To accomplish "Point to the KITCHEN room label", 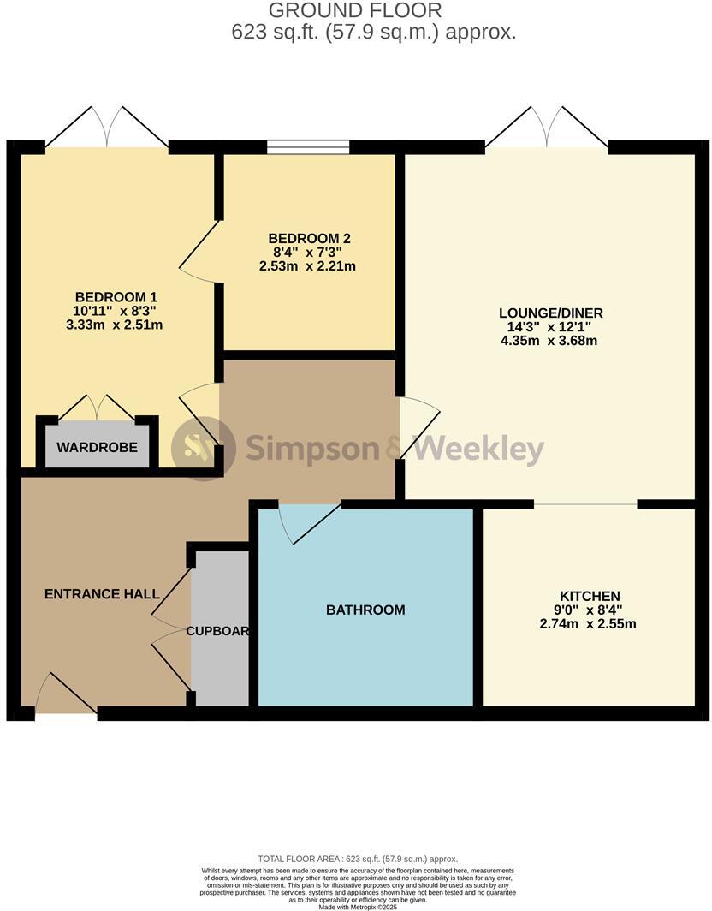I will (x=590, y=596).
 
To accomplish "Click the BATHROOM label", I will (x=365, y=610).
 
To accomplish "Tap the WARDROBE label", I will (x=97, y=447).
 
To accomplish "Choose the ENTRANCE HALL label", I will (x=102, y=593).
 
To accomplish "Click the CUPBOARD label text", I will (x=219, y=631).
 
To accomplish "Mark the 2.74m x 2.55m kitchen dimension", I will (x=588, y=624).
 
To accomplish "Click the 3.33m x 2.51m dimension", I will (x=114, y=325).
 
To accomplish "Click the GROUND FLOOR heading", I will (x=356, y=11).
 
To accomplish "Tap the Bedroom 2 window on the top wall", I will (x=308, y=146).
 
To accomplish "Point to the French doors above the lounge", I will (x=548, y=128).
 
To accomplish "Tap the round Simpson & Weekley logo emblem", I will (x=202, y=448).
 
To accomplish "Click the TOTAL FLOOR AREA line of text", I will (x=358, y=859).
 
